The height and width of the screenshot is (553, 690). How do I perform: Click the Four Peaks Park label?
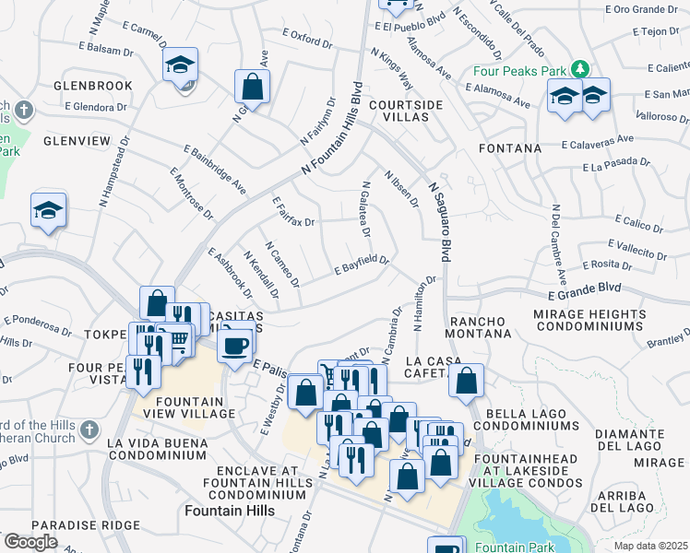[519, 70]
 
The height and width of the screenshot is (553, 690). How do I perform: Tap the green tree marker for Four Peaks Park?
[579, 69]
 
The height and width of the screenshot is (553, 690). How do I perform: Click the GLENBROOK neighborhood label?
[93, 86]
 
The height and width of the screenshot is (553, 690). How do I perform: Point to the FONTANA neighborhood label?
[509, 147]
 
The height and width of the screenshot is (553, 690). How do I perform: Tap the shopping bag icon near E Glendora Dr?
[252, 88]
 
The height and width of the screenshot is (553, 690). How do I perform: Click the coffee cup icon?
[237, 345]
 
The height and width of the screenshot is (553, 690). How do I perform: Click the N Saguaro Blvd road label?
[444, 218]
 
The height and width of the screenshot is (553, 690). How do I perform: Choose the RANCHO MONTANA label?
[480, 326]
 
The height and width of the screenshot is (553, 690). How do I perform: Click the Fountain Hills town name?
[226, 510]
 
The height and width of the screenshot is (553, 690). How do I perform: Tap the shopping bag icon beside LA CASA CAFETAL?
[468, 381]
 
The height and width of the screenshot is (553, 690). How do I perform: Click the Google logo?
[30, 542]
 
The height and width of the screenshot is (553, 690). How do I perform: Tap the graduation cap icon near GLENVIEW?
[48, 211]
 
